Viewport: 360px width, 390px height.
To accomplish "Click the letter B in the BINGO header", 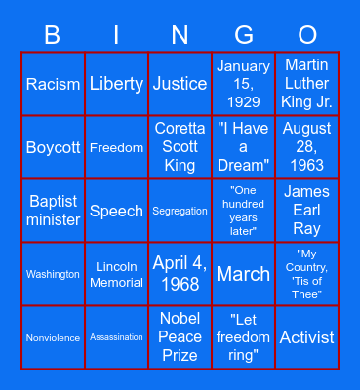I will tap(53, 36).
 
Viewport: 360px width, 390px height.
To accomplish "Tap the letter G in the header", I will tap(243, 36).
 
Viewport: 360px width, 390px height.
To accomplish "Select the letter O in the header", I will tap(306, 36).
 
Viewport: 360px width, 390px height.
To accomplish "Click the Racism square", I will tap(53, 84).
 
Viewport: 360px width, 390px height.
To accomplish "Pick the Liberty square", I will tap(116, 84).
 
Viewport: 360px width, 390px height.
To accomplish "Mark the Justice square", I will tap(180, 84).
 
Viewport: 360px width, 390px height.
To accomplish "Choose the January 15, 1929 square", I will tap(243, 84).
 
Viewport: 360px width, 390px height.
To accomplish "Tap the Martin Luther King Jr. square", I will tap(306, 84).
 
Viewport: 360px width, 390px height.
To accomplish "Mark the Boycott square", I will tap(53, 147).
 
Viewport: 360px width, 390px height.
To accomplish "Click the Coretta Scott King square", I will tap(180, 147).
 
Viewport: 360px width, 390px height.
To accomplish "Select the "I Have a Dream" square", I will tap(243, 147).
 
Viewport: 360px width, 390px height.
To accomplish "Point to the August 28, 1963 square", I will tap(306, 147).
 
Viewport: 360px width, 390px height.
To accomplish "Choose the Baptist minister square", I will tap(53, 211).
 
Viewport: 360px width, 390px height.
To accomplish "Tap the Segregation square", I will tap(180, 211).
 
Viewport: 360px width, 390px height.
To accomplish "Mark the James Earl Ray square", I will tap(306, 211).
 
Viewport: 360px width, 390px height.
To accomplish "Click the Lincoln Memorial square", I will tap(116, 274).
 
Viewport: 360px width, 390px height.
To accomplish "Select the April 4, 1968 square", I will tap(180, 274).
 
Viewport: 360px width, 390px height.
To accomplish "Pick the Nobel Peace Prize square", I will tap(180, 337).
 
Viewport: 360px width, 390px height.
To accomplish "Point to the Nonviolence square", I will tap(53, 337).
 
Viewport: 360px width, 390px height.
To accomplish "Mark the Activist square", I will tap(306, 337).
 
